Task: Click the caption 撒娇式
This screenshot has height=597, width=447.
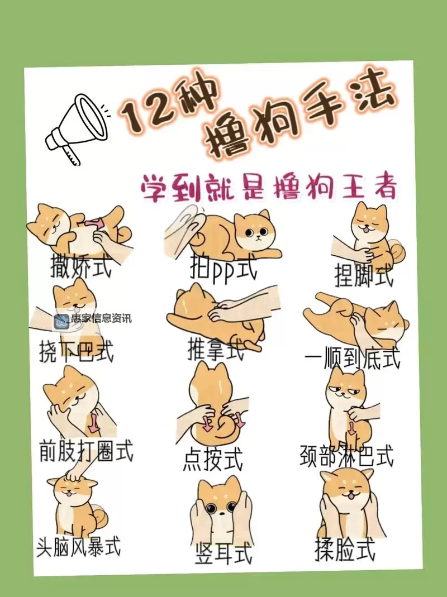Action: [x=80, y=267]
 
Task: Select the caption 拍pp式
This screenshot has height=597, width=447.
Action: [x=223, y=270]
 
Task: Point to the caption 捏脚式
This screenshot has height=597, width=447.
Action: [x=363, y=275]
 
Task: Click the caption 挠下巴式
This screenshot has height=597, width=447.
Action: [x=77, y=352]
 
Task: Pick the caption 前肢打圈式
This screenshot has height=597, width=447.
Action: [x=86, y=450]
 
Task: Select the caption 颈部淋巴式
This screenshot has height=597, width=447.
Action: [x=346, y=456]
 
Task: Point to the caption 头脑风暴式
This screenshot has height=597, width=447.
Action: [x=78, y=546]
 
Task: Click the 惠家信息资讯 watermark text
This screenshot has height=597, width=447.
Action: [x=101, y=319]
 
